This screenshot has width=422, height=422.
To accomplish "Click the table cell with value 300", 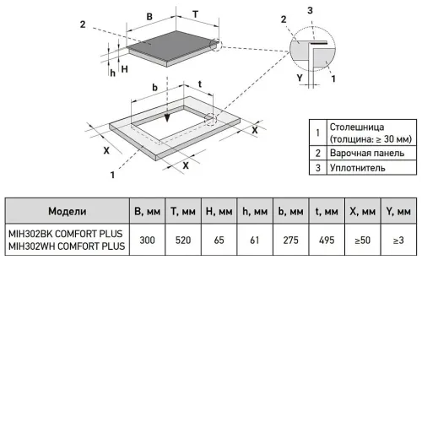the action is tap(147, 240).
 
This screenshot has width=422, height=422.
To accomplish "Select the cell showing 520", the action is tap(183, 240).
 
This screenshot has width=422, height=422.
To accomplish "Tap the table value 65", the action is tap(219, 240).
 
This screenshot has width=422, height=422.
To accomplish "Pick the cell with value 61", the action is tap(255, 240).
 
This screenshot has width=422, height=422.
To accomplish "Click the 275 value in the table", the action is tap(290, 240).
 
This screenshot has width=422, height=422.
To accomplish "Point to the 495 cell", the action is tap(327, 240).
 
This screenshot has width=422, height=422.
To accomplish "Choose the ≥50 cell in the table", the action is tap(362, 240).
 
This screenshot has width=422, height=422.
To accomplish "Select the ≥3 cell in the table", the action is tap(398, 240).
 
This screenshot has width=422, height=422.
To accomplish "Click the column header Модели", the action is tap(68, 211).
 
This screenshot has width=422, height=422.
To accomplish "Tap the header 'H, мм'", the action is tap(219, 211).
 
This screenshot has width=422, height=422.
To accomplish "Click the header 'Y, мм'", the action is tap(398, 211).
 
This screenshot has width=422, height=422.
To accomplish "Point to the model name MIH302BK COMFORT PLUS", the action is tap(66, 234).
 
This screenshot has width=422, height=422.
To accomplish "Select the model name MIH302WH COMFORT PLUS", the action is tap(67, 246).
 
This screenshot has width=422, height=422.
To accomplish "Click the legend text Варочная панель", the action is tap(367, 153).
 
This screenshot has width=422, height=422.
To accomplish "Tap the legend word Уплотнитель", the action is tap(358, 168).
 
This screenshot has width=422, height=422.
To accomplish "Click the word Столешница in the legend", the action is tap(357, 127).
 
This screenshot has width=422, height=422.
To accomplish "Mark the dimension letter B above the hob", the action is tap(149, 17).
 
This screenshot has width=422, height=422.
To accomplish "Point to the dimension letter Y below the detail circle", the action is tap(300, 78).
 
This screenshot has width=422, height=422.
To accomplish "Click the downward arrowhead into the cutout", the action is tap(167, 118).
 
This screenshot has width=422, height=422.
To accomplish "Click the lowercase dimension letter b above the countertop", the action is tap(155, 88).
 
